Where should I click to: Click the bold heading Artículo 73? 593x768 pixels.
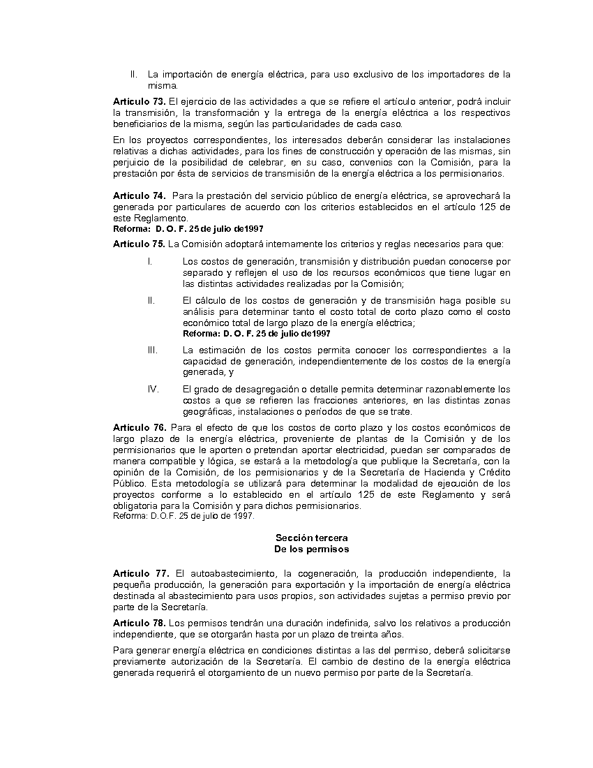tap(139, 101)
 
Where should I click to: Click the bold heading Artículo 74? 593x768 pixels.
tap(139, 195)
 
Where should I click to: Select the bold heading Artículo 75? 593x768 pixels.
tap(139, 244)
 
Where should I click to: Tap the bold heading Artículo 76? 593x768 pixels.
tap(140, 427)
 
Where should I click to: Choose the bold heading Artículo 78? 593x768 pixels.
tap(139, 623)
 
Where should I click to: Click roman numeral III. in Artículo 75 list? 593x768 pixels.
tap(153, 350)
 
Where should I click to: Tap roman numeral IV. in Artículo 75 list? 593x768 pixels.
tap(153, 389)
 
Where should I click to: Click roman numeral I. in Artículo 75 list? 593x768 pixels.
tap(149, 261)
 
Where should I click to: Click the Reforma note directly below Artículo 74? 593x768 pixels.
tap(188, 228)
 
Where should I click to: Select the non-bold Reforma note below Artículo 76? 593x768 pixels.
tap(183, 516)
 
